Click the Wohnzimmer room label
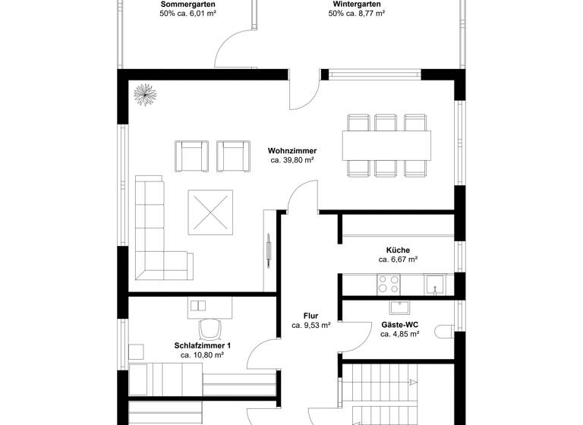(x=292, y=150)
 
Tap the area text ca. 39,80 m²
(x=292, y=160)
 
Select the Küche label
(x=398, y=250)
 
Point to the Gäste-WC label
(x=400, y=324)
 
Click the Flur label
(x=310, y=316)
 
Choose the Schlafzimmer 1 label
(x=202, y=345)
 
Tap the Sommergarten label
(x=188, y=5)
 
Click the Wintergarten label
(x=356, y=5)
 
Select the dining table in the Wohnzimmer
(x=387, y=143)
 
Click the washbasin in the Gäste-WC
(x=400, y=307)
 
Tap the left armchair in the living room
(x=191, y=156)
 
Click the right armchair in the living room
(x=233, y=156)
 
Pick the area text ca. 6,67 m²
(x=398, y=260)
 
